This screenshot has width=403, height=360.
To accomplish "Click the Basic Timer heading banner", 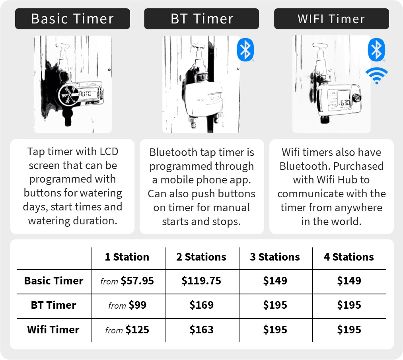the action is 72,19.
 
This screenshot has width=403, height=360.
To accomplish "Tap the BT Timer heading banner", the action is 201,19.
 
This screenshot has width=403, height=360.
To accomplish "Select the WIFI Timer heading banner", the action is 331,19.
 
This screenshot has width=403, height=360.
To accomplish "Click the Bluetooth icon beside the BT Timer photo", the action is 245,50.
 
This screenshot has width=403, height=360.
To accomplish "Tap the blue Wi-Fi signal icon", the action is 376,76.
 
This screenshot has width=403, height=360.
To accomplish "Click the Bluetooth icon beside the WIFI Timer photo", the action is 376,50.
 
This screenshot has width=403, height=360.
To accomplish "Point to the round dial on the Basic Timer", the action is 68,95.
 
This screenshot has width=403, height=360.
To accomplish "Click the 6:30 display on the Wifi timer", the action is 345,103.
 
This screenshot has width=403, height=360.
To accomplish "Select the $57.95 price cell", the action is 137,281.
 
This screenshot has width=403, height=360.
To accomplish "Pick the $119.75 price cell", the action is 201,281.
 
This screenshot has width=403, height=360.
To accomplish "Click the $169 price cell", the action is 201,305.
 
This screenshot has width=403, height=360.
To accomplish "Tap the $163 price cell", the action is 201,330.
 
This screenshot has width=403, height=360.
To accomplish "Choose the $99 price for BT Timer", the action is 138,305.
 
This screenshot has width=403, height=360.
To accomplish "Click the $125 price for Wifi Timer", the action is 138,330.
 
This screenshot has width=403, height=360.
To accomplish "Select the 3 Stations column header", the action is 275,257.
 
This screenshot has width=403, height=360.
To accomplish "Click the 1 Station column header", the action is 127,257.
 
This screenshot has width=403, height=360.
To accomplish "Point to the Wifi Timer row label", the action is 53,330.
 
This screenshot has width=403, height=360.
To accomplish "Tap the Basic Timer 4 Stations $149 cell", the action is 349,281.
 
